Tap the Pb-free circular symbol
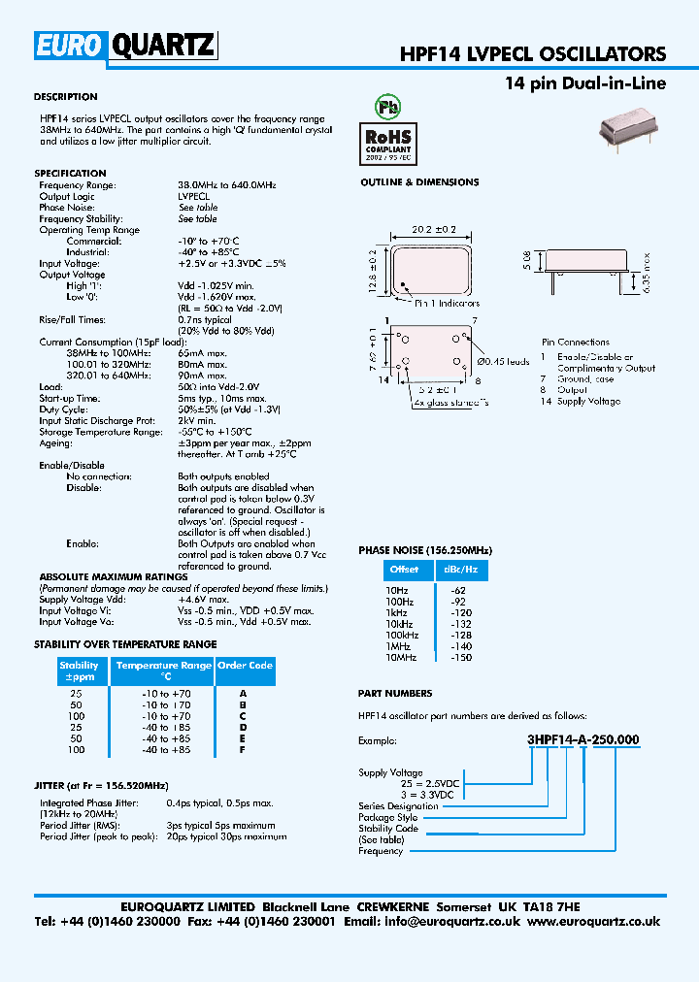pos(388,105)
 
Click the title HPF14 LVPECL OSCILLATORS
pos(533,54)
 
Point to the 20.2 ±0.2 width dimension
pos(435,230)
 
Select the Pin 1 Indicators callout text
pos(449,304)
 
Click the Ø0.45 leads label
pos(505,362)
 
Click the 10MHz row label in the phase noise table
pos(401,657)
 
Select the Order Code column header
pos(245,666)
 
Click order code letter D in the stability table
pos(244,727)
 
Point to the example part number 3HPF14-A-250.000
pos(582,739)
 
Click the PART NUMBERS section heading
pos(395,694)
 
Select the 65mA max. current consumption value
pos(203,353)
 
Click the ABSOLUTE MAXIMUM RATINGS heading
pos(113,576)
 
